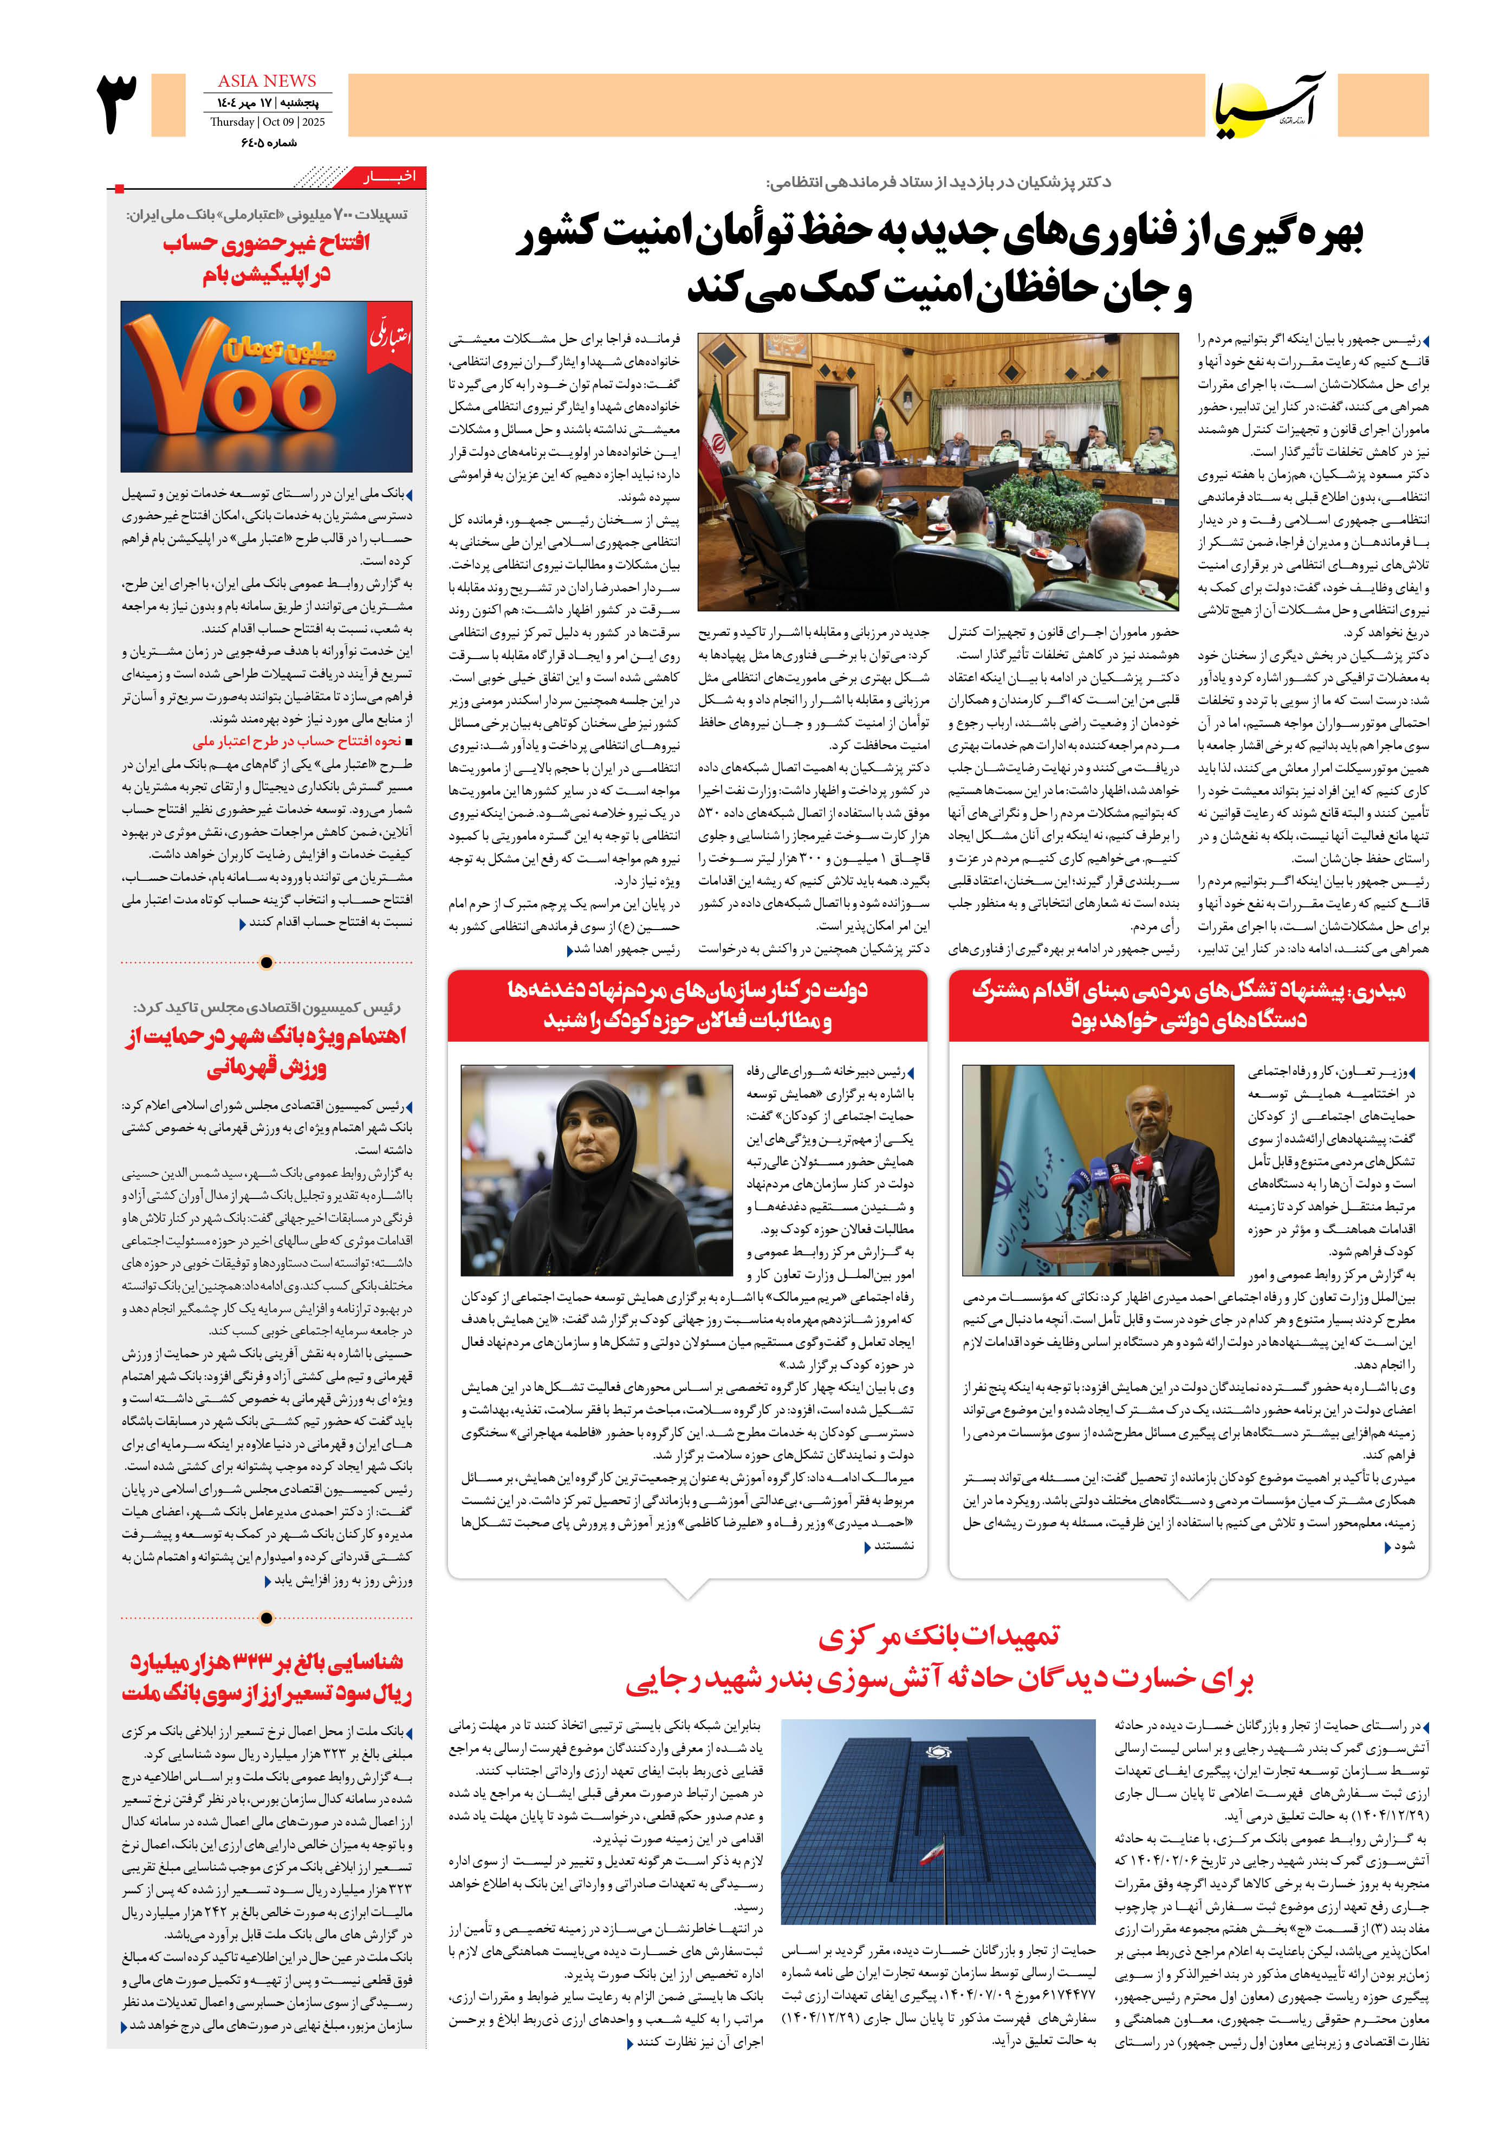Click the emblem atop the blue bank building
coord(938,1753)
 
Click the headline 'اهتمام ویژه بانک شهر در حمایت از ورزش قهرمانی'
coord(267,1051)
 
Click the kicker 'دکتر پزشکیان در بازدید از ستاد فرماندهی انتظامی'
coord(938,182)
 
